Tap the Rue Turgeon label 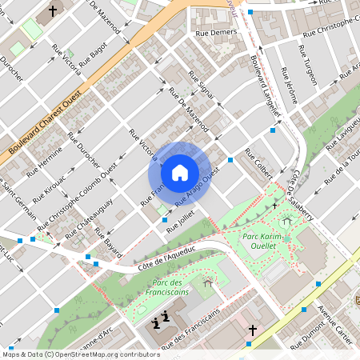coord(307,65)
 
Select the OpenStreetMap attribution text coord(70,354)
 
